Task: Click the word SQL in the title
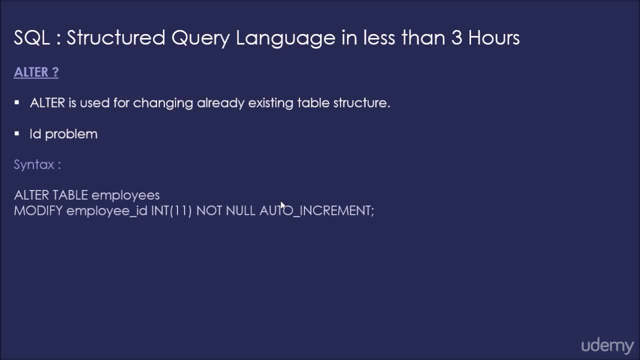31,38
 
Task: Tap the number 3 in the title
456,38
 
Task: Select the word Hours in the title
494,38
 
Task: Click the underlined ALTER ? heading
36,72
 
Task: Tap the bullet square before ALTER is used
17,102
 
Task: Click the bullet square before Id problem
17,133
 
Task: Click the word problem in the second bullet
71,134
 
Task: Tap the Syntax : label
37,165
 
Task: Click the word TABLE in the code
70,195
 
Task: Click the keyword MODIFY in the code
38,210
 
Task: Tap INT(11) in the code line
171,211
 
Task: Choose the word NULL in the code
240,210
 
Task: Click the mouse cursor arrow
282,205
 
